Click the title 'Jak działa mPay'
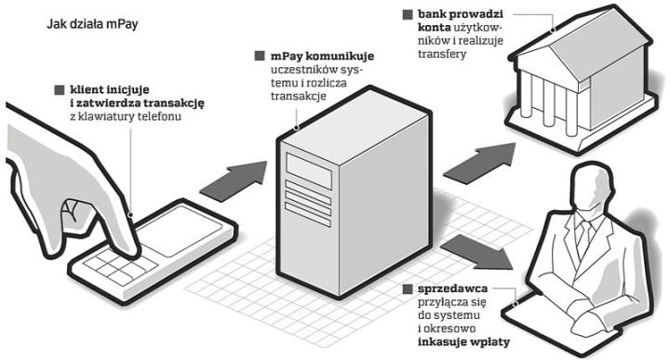tap(92, 24)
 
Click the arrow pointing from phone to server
tap(234, 181)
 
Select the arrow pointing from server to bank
tap(479, 164)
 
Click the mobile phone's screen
tap(179, 231)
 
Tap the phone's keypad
tap(120, 265)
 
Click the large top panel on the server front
tap(309, 170)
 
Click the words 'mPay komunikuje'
tap(322, 56)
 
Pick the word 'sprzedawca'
tap(452, 289)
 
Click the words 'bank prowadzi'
tap(461, 14)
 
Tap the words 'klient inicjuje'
tap(110, 89)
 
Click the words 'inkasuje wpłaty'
tap(463, 342)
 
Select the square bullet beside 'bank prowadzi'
tap(408, 15)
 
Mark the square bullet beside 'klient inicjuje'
tap(60, 90)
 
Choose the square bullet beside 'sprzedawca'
tap(408, 289)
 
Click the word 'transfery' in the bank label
tap(442, 54)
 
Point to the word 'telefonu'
tap(159, 116)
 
